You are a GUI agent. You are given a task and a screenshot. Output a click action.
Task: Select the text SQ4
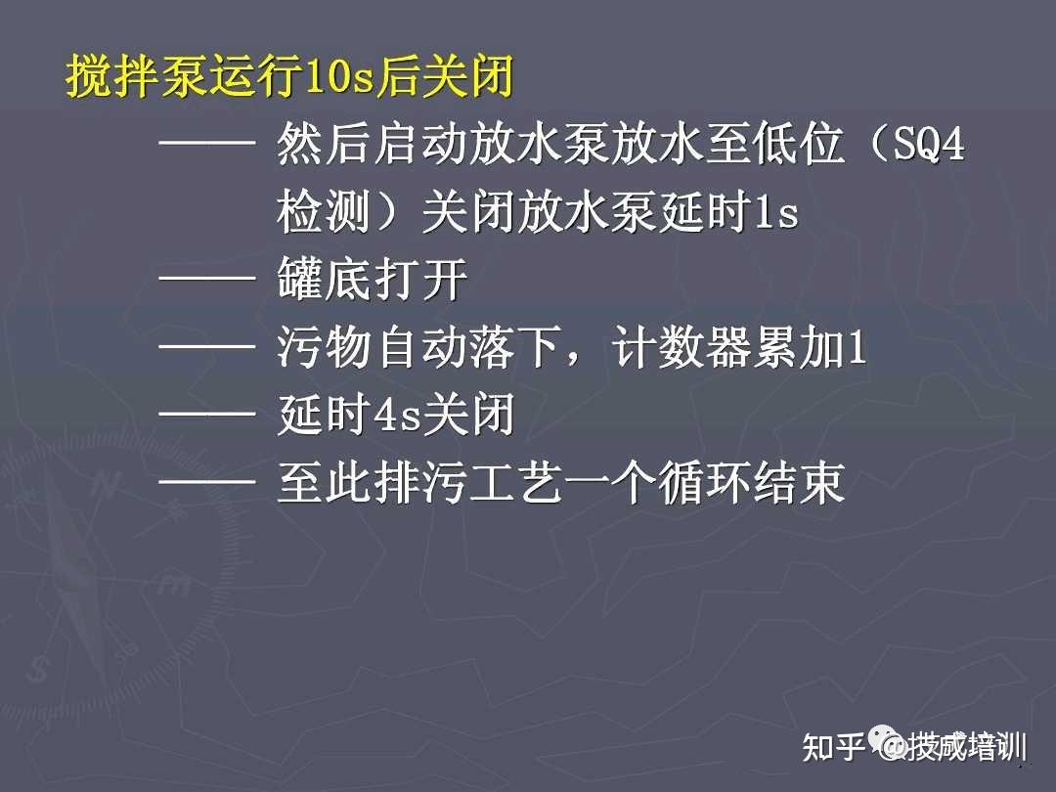pos(930,144)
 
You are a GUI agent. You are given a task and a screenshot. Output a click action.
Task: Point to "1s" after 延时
pos(775,213)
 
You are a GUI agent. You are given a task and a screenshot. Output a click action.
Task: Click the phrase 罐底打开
pos(373,280)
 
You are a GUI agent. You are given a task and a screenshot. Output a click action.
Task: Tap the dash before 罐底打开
pos(206,278)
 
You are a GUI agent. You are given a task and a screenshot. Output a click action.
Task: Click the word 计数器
pos(681,347)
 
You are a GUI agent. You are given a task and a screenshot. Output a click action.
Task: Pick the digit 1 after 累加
pos(856,347)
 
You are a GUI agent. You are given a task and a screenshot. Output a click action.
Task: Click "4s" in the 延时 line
pos(397,415)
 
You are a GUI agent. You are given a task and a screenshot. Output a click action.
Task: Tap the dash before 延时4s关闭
pos(206,413)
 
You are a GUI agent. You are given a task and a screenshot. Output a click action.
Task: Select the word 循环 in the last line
pos(704,482)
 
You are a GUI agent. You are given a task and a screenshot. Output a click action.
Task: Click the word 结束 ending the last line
pos(799,482)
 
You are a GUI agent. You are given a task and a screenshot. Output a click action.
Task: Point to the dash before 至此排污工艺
pos(206,480)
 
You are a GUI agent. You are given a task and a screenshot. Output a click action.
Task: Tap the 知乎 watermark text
pos(832,746)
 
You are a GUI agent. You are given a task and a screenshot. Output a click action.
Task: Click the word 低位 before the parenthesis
pos(799,144)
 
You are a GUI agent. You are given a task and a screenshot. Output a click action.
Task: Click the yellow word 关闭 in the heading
pos(468,75)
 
